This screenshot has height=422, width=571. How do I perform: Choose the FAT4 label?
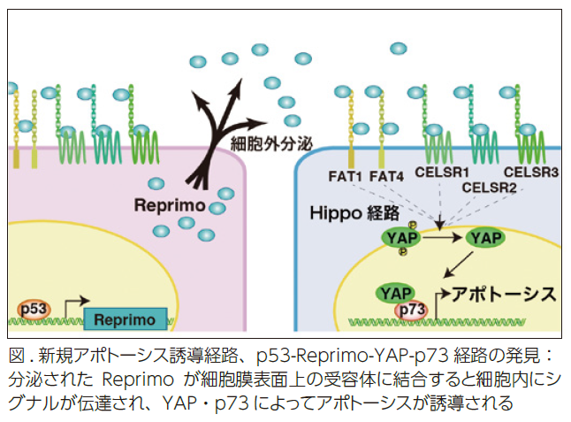point(387,174)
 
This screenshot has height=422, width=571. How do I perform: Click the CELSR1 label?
point(443,173)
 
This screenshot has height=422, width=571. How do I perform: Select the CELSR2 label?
point(490,187)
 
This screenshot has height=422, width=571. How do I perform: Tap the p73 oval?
point(411,310)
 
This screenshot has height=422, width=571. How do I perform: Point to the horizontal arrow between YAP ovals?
point(443,237)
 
